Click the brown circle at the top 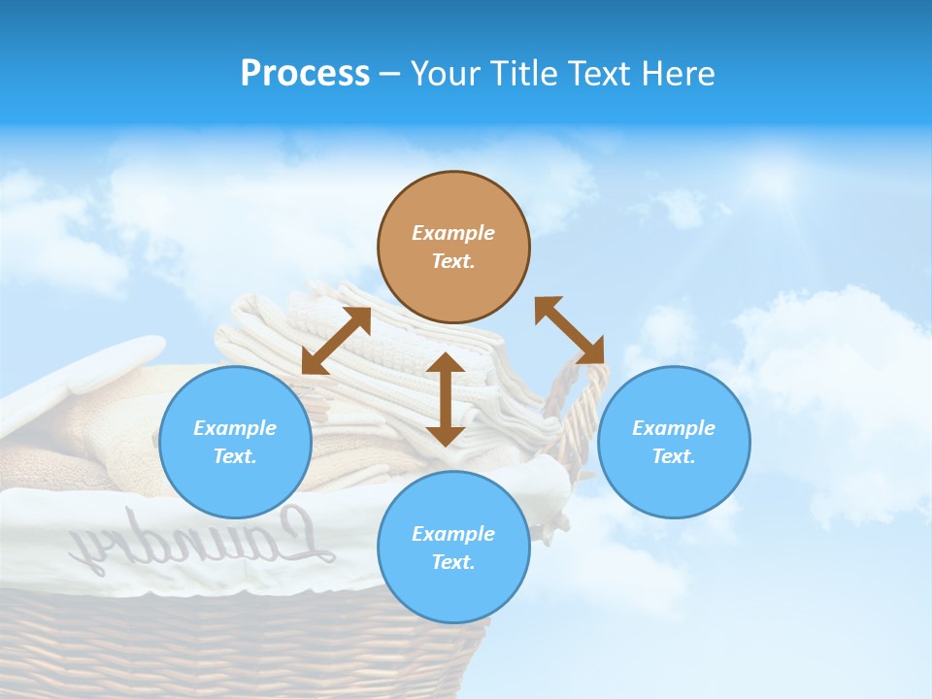[x=453, y=248]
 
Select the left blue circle [x=235, y=442]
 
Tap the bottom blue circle [x=453, y=548]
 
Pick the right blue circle [x=674, y=442]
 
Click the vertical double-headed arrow [x=446, y=399]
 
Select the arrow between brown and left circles [x=336, y=341]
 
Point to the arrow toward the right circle [x=570, y=330]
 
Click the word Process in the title [x=305, y=74]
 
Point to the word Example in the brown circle [x=453, y=233]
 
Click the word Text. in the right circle [x=673, y=456]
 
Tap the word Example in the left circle [x=235, y=428]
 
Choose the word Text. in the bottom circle [x=453, y=562]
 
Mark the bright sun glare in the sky [x=777, y=180]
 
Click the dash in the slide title [x=389, y=74]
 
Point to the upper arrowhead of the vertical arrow [x=446, y=362]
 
